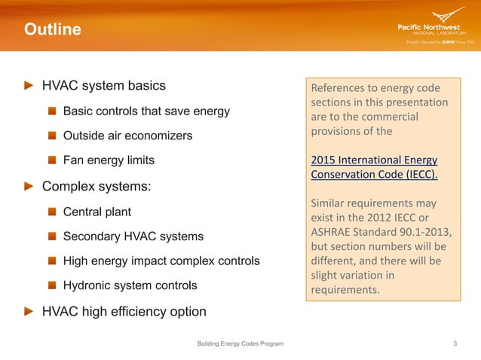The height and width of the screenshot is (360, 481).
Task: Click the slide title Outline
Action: pos(52,30)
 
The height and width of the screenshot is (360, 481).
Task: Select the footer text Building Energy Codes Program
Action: pos(240,343)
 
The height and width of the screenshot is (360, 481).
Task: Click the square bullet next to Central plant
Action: pos(51,212)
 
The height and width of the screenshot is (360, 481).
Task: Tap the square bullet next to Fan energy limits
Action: pos(51,161)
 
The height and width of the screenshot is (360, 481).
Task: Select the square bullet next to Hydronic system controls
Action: pos(51,286)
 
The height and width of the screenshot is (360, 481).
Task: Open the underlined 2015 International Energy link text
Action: pos(374,160)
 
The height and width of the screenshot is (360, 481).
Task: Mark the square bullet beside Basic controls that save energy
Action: pos(51,111)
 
